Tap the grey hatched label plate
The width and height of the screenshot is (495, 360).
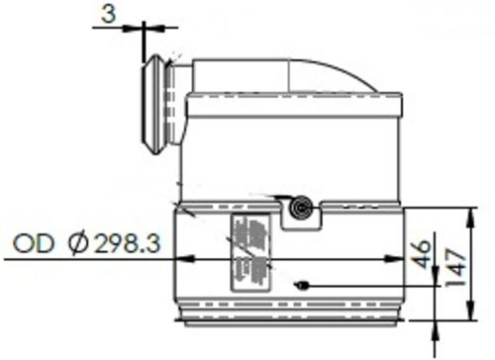click(249, 251)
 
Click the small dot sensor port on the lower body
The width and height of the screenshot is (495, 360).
click(303, 286)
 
